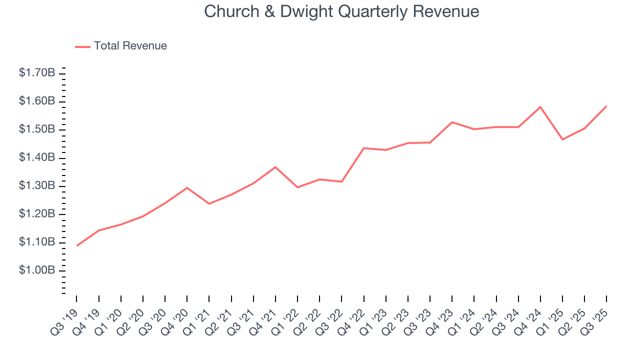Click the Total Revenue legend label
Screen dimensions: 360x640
[x=130, y=46]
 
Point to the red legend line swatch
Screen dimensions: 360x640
[x=82, y=46]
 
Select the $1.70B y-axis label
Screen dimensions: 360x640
[x=37, y=73]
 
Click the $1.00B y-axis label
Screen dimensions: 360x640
[x=37, y=270]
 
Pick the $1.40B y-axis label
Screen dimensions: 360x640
[x=37, y=157]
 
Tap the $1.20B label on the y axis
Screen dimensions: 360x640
[x=37, y=214]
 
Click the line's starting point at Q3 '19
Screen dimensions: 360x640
[x=76, y=245]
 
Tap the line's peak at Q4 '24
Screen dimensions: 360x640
[x=540, y=106]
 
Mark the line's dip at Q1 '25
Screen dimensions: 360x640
[x=562, y=139]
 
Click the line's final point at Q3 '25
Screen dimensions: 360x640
[x=606, y=106]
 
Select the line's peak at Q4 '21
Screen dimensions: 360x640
[x=275, y=167]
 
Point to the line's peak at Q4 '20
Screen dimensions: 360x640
[x=187, y=187]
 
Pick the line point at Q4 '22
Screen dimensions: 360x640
[x=363, y=148]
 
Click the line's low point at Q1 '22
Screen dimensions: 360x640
[x=297, y=187]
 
